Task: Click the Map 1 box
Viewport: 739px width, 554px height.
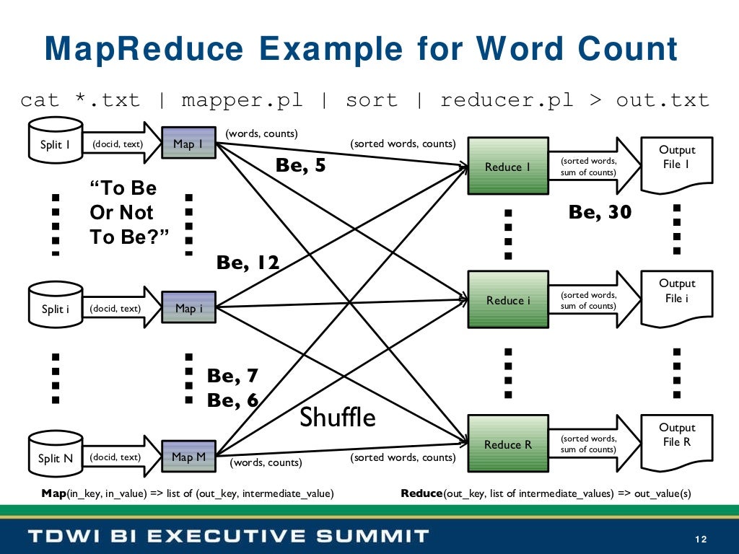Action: click(x=188, y=144)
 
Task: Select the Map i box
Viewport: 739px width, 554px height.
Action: click(x=188, y=309)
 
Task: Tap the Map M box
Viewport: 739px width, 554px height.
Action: click(x=188, y=457)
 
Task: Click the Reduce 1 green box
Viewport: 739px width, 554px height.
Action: click(x=507, y=167)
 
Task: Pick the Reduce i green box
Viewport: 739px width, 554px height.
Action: click(x=507, y=300)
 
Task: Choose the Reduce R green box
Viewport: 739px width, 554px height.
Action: click(x=507, y=444)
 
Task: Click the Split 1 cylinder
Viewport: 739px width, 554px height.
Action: click(x=54, y=144)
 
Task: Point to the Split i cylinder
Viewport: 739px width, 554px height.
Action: click(x=54, y=309)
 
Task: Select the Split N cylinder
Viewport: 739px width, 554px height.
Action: click(x=54, y=457)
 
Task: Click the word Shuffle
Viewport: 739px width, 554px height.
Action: click(x=338, y=417)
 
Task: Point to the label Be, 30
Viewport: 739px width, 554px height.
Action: click(x=600, y=212)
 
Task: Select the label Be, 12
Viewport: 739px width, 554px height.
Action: click(x=248, y=263)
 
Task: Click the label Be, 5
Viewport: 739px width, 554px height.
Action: click(x=301, y=166)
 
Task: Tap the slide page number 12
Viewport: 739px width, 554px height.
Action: click(x=700, y=540)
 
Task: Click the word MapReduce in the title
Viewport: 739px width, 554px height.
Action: click(x=144, y=49)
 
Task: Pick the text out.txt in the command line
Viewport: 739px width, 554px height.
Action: click(x=663, y=100)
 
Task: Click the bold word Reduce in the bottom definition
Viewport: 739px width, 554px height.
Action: click(x=421, y=493)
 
